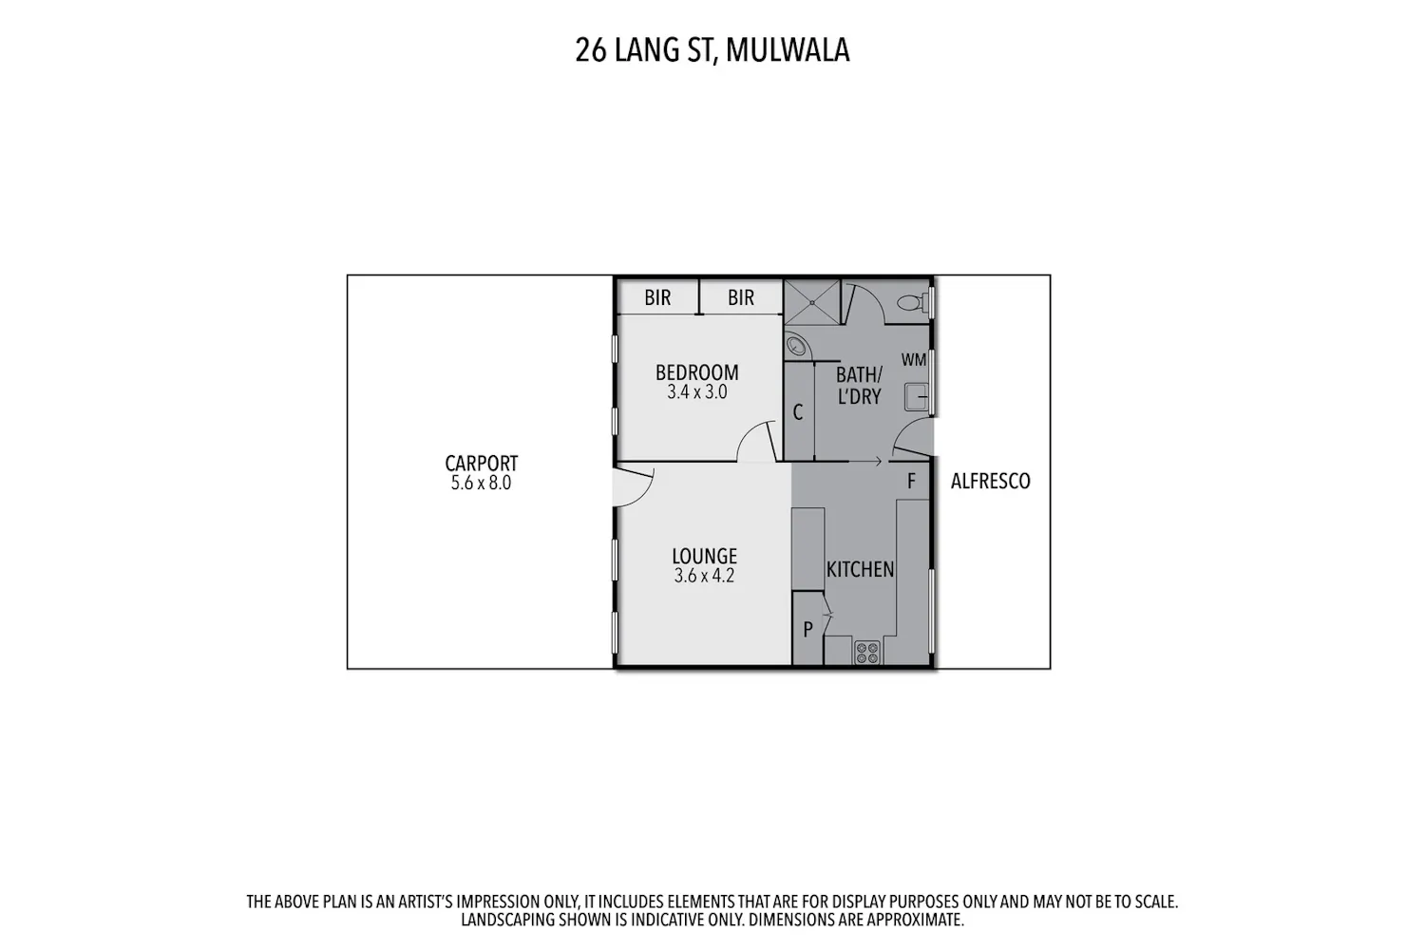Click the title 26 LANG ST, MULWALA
712,50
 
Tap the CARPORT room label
482,463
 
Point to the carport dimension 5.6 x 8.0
482,483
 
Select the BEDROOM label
697,371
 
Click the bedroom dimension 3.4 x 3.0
697,392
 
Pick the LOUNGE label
705,556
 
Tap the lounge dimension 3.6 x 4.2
705,576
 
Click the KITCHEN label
860,569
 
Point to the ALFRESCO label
991,481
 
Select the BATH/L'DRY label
860,385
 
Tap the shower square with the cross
812,303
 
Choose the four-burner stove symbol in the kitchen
866,653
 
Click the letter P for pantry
807,629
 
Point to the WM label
914,360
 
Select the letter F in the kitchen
911,481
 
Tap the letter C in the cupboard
798,412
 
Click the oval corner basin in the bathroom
794,346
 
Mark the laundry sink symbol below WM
916,397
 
